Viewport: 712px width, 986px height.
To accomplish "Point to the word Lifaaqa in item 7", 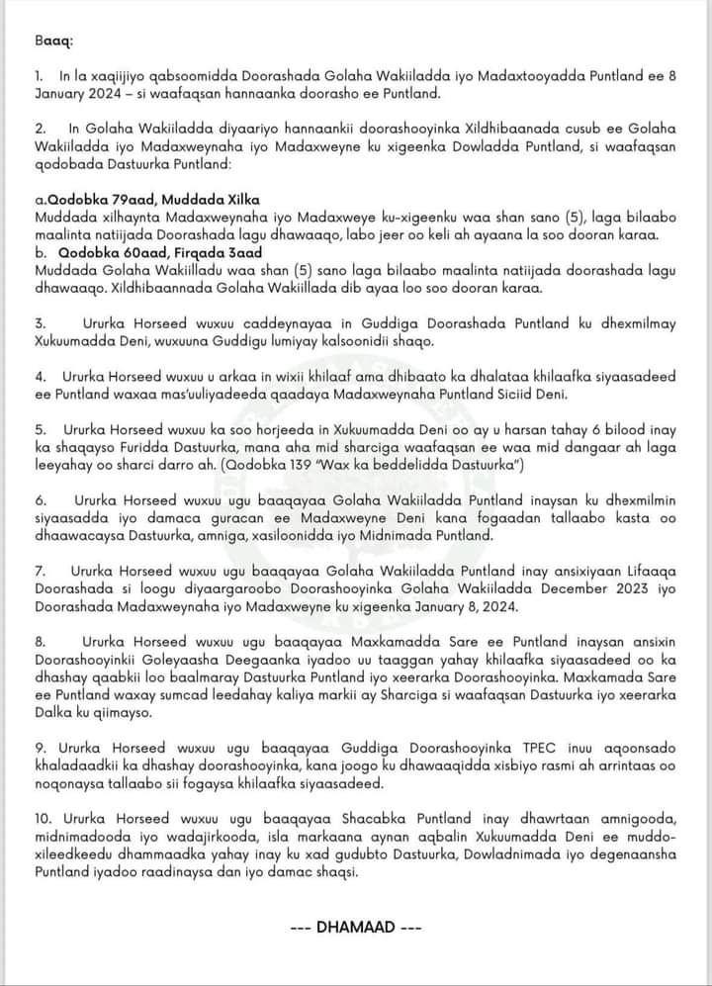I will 644,571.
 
